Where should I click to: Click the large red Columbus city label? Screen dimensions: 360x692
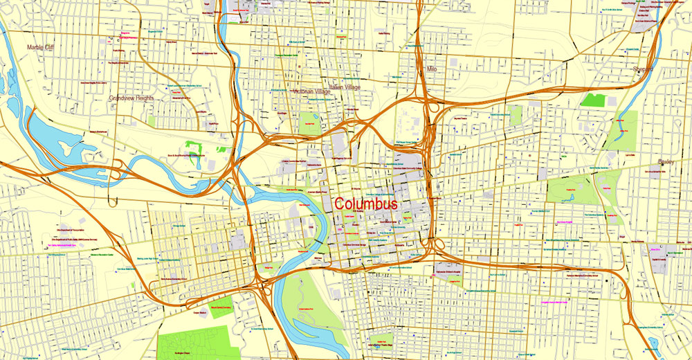click(x=365, y=205)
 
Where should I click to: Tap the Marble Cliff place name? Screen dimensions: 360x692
click(x=40, y=47)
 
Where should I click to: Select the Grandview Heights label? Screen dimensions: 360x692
click(x=131, y=98)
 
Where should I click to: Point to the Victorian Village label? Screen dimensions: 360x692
click(x=311, y=91)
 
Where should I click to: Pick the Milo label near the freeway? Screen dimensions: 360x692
click(x=432, y=69)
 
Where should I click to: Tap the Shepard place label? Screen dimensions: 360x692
click(x=642, y=69)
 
